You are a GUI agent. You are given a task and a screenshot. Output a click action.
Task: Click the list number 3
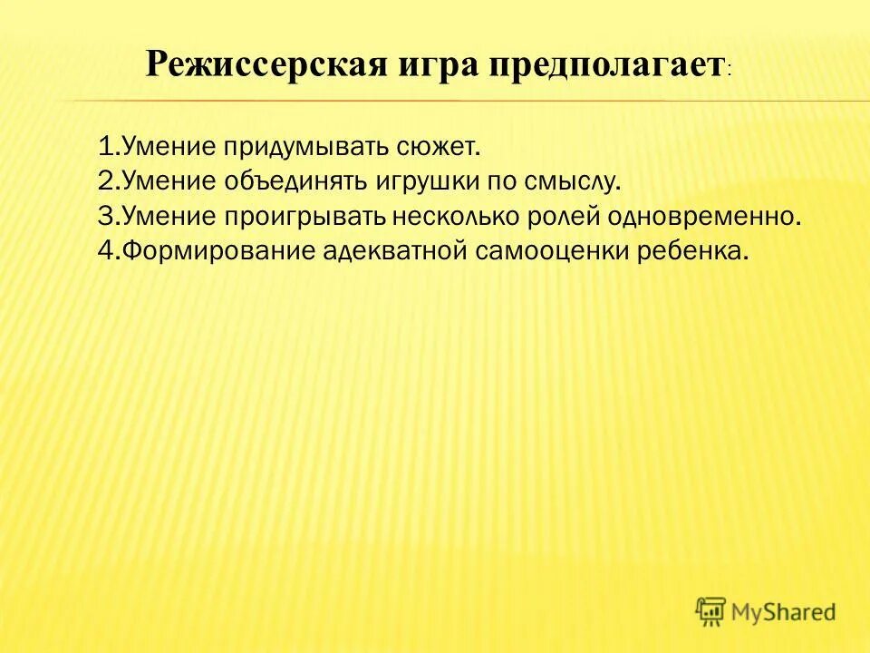coord(103,216)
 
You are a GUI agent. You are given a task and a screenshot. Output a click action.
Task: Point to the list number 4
coord(104,251)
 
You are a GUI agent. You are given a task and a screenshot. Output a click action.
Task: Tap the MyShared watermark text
coord(785,612)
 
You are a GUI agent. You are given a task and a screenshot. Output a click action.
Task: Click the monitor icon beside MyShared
coord(710,611)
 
